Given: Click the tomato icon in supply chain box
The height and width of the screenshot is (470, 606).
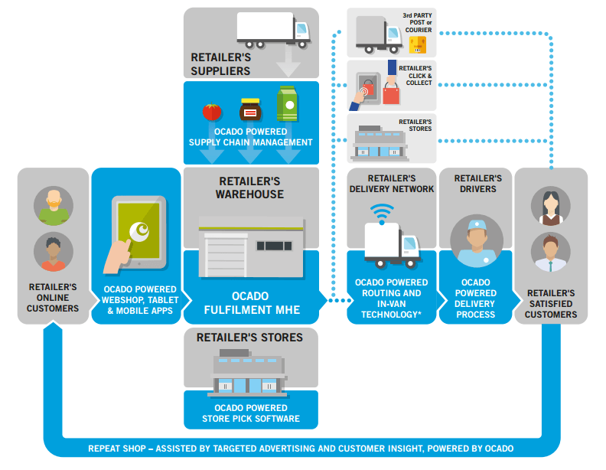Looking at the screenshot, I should pyautogui.click(x=212, y=112).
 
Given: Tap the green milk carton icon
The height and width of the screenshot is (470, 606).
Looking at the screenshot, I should pyautogui.click(x=286, y=106).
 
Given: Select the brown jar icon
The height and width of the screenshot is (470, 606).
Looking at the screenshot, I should pyautogui.click(x=250, y=111).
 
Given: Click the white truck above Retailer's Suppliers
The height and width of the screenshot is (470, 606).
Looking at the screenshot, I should pyautogui.click(x=273, y=30).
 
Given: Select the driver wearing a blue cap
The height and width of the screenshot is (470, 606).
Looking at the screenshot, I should pyautogui.click(x=476, y=241).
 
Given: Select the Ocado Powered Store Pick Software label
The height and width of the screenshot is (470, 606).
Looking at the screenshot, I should pyautogui.click(x=251, y=413).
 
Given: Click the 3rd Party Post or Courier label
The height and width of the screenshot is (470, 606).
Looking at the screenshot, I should pyautogui.click(x=418, y=22).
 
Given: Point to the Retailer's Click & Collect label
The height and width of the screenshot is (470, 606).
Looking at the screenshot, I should pyautogui.click(x=415, y=75).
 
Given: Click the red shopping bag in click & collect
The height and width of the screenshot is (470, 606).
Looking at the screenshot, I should pyautogui.click(x=391, y=93).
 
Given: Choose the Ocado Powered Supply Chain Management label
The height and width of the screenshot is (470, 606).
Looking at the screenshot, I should pyautogui.click(x=251, y=137).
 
